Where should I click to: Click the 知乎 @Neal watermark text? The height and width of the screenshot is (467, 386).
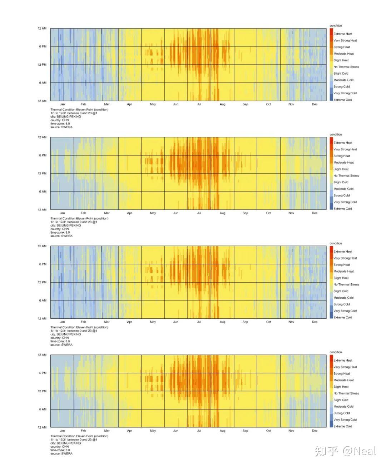(x=345, y=451)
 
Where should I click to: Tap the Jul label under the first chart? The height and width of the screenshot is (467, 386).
(x=199, y=104)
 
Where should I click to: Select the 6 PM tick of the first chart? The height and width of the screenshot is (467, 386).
(x=43, y=46)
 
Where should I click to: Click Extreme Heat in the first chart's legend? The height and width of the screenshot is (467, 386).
(x=343, y=34)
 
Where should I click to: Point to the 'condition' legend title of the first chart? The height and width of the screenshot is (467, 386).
(x=336, y=26)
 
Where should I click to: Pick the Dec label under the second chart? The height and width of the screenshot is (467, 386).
(x=315, y=213)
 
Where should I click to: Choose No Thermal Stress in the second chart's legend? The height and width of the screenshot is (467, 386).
(x=346, y=176)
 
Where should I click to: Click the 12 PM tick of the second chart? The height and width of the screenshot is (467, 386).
(x=42, y=173)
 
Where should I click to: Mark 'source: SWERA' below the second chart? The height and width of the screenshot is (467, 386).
(x=61, y=236)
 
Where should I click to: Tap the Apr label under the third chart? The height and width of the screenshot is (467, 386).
(x=129, y=322)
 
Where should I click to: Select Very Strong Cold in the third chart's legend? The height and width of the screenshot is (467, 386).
(x=345, y=311)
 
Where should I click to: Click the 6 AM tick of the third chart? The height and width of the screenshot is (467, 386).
(x=43, y=300)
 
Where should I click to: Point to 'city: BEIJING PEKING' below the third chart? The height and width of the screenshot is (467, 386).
(x=66, y=334)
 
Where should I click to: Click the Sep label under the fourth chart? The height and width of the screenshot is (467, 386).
(x=245, y=431)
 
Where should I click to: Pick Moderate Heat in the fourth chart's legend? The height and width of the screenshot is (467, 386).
(x=343, y=380)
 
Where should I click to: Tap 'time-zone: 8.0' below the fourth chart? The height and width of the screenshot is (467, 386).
(x=60, y=450)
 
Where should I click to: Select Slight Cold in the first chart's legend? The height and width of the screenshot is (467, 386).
(x=341, y=74)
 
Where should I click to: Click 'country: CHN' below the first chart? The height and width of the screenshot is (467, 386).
(x=60, y=120)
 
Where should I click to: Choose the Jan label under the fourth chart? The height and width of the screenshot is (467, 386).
(x=62, y=431)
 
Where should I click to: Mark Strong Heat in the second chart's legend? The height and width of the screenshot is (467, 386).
(x=342, y=156)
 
